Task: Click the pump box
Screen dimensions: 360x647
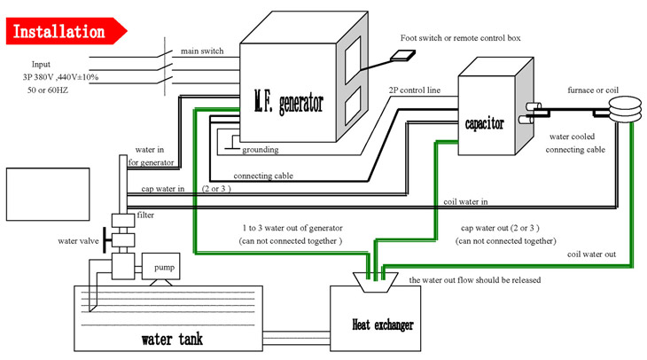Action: tap(164, 266)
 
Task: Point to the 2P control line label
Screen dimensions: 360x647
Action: tap(413, 90)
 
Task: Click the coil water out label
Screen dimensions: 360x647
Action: tap(591, 254)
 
